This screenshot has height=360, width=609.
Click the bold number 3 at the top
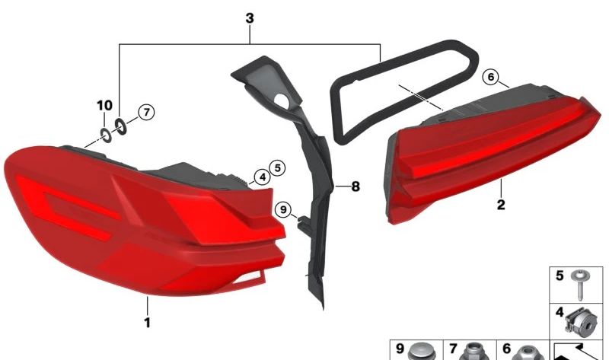[250, 18]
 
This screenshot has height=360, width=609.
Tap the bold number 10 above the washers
[104, 105]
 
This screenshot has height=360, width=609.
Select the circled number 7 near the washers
[146, 112]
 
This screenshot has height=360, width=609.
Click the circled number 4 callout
[263, 177]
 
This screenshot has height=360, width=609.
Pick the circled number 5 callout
[277, 168]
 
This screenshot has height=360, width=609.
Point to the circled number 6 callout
[491, 77]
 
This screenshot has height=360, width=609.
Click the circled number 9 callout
[282, 210]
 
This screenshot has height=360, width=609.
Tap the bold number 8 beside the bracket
[356, 186]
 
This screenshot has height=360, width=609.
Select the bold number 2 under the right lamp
[501, 204]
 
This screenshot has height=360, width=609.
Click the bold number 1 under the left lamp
[147, 323]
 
